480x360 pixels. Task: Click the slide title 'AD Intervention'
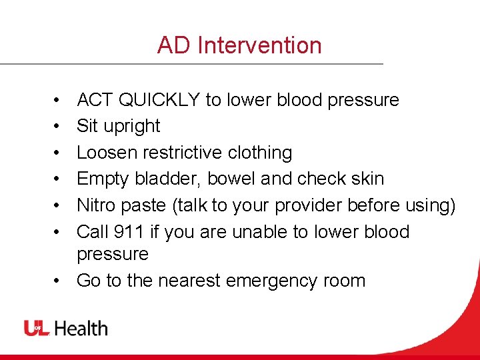pyautogui.click(x=239, y=45)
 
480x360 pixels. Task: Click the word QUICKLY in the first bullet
pyautogui.click(x=159, y=100)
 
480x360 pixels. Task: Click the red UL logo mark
pyautogui.click(x=37, y=328)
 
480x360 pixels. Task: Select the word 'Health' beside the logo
pyautogui.click(x=81, y=328)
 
